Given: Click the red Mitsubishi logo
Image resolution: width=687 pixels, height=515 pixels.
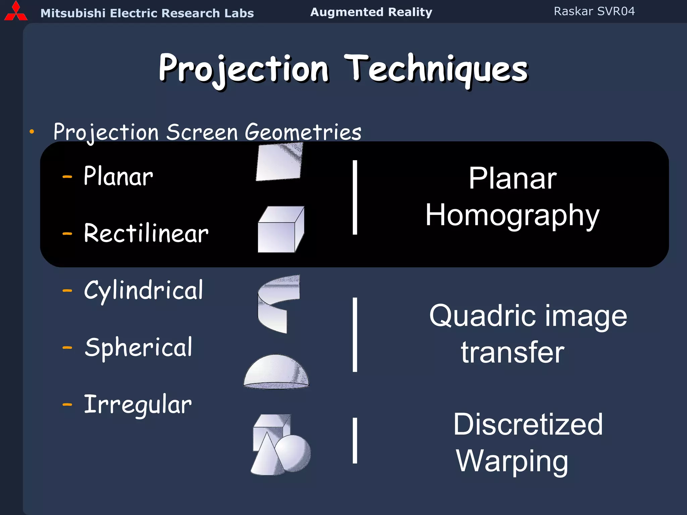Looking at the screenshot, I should pos(16,12).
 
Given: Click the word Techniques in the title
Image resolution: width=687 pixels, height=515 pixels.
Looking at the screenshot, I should pos(436,69).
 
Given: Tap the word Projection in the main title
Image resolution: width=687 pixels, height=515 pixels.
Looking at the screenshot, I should pos(244,69).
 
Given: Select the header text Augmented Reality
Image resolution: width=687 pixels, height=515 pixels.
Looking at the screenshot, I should pos(371,12).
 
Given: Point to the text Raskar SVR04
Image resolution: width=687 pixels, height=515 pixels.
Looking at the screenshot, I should pos(594,11).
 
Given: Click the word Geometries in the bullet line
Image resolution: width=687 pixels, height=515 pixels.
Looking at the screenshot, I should pos(303,132).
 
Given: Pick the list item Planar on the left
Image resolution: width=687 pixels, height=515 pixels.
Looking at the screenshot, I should pos(118,176).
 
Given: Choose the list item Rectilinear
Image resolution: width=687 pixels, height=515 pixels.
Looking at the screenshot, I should pos(146,233).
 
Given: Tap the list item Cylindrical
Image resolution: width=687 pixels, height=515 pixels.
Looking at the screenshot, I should pos(143,290).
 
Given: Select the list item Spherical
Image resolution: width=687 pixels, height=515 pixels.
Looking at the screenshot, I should pos(138,347).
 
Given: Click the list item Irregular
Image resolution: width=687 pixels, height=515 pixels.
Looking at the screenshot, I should pos(138,405).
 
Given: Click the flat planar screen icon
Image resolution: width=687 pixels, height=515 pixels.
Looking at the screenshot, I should pos(279,162).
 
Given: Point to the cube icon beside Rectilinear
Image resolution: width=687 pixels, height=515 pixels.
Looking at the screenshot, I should pos(280,230).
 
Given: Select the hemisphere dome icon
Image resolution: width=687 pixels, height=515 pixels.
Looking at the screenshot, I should pos(276,372).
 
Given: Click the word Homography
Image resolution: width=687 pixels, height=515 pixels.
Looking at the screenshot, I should pos(512,216).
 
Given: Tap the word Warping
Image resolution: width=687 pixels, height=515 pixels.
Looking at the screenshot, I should pos(512,461).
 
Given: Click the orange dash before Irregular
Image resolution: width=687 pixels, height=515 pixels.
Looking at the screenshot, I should pos(67,405).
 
